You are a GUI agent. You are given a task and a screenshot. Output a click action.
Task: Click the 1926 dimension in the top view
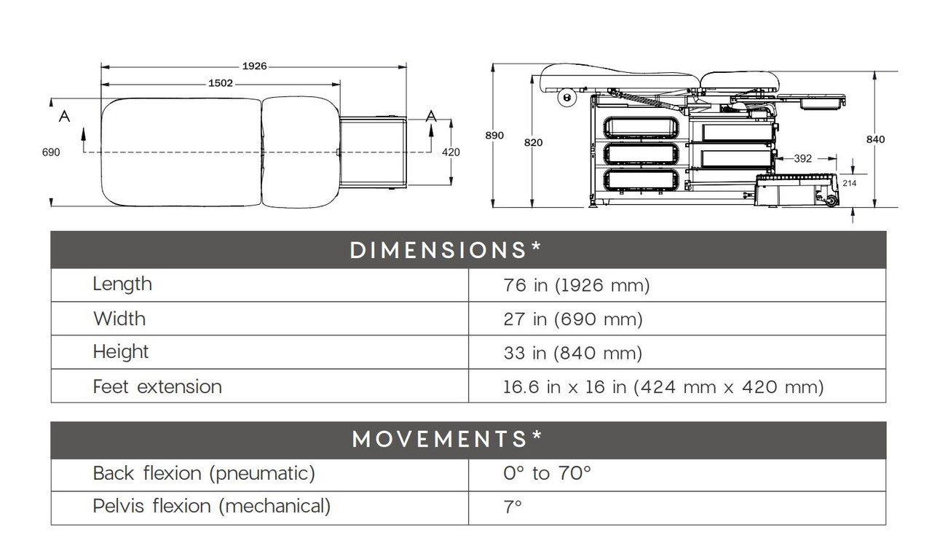[x=254, y=66]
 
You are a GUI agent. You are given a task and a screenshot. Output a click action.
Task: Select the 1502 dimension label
[x=221, y=83]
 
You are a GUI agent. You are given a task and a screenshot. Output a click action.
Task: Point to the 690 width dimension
[x=51, y=152]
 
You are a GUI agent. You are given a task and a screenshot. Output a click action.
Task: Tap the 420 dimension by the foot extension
[x=451, y=152]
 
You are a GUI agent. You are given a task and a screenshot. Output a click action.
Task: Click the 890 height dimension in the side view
[x=494, y=136]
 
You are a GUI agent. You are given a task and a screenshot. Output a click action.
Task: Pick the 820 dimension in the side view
[x=533, y=143]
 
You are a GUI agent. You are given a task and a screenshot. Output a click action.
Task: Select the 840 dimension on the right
[x=876, y=139]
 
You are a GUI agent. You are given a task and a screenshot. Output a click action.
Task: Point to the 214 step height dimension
[x=849, y=183]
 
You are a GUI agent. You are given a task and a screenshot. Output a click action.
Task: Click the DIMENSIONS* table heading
[x=446, y=250]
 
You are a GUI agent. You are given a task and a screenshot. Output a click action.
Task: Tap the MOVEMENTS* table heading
[x=446, y=439]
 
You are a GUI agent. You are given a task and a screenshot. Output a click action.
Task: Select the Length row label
[x=122, y=284]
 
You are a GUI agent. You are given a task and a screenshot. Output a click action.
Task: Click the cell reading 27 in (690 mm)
[x=572, y=319]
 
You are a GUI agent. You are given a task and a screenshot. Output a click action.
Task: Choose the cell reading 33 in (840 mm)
[x=572, y=354]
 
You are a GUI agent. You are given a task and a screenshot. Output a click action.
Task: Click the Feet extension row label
[x=157, y=386]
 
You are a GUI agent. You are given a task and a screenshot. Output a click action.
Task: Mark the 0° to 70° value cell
[x=547, y=474]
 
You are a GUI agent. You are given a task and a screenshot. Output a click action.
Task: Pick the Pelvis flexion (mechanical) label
[x=211, y=506]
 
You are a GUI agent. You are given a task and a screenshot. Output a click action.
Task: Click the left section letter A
[x=64, y=116]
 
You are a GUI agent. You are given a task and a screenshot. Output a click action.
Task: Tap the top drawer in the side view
[x=641, y=128]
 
